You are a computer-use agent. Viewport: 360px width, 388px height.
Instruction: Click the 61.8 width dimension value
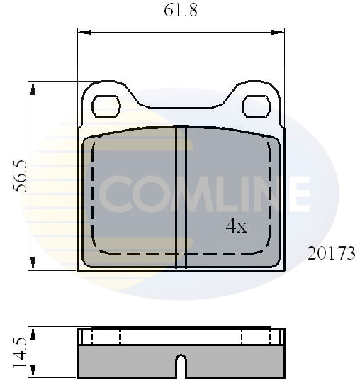pos(181,11)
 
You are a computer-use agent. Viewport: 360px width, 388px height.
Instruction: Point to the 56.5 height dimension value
pos(19,176)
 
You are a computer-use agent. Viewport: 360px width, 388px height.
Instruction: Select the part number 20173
pos(331,253)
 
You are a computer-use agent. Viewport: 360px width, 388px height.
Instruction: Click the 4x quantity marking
pos(237,226)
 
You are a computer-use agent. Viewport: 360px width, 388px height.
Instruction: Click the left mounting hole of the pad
pos(106,106)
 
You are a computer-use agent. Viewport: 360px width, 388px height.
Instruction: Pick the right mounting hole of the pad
pos(257,106)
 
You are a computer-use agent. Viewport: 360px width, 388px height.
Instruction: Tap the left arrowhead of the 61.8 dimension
pos(85,32)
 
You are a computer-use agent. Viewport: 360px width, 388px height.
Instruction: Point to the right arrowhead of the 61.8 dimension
pos(277,32)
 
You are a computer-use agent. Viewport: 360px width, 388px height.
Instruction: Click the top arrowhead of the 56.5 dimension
pos(33,89)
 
